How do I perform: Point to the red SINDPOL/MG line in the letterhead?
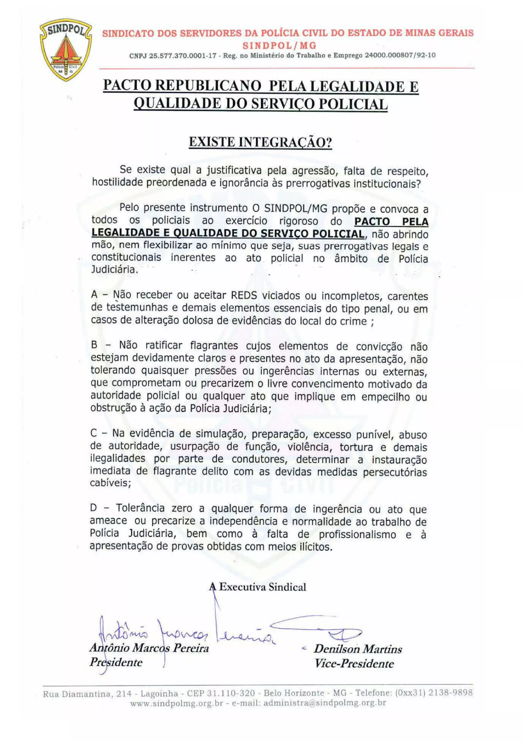point(279,46)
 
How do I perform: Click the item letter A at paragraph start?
point(94,294)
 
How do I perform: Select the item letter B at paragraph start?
point(94,345)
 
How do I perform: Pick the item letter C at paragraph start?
point(94,433)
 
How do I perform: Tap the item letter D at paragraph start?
point(94,508)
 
